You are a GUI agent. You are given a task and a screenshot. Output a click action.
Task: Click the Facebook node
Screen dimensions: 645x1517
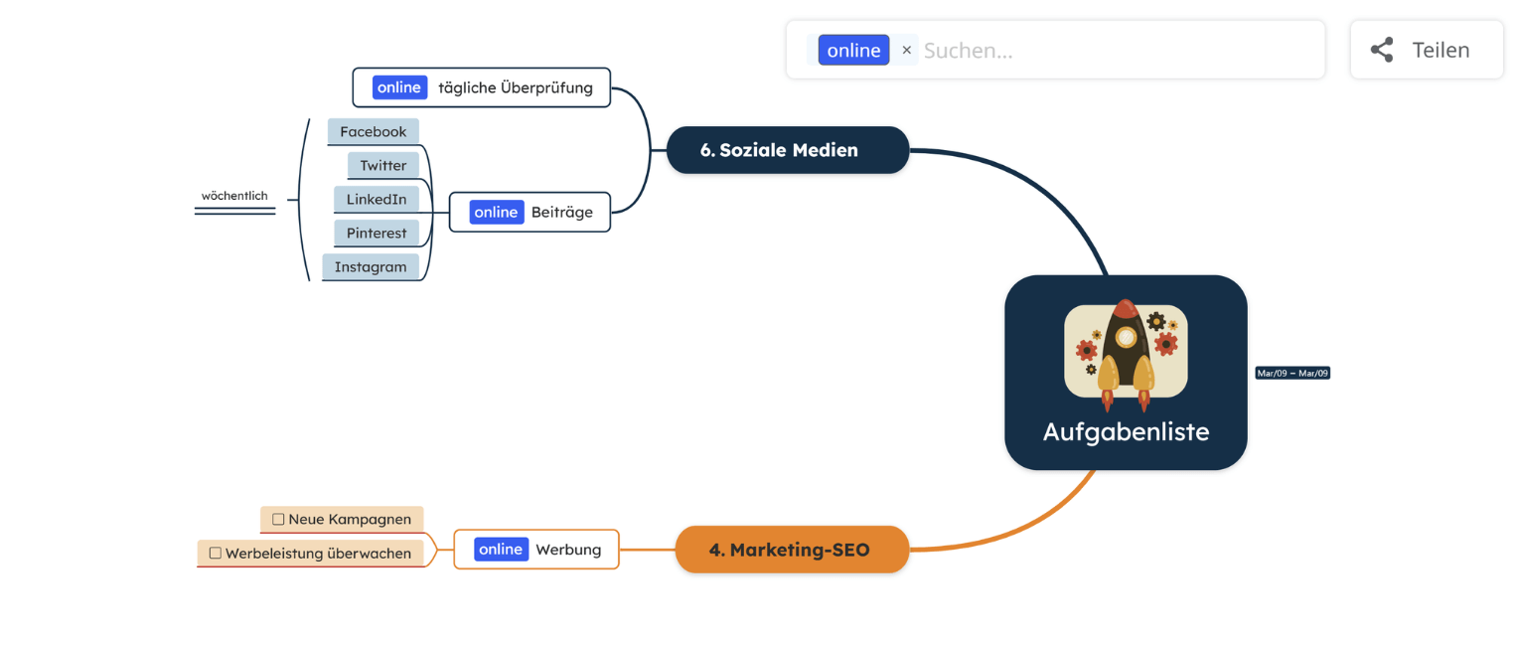point(374,131)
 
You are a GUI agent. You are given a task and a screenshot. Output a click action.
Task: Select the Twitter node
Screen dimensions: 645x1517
point(383,165)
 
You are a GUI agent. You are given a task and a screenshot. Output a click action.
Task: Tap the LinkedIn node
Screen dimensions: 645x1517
point(377,199)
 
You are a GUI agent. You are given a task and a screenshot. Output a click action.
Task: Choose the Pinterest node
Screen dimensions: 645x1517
point(377,233)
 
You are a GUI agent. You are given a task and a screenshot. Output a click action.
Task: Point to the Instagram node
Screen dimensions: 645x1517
point(371,266)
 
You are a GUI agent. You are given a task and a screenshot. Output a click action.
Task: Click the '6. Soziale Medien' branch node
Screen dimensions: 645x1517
point(788,150)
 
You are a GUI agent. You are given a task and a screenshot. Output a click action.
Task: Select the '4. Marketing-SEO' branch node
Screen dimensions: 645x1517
point(792,550)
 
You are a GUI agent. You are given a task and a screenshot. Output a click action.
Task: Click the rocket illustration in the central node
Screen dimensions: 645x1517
point(1126,353)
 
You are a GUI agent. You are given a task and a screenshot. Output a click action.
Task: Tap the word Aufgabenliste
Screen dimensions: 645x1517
point(1126,432)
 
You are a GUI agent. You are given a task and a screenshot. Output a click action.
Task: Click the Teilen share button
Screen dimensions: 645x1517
point(1426,50)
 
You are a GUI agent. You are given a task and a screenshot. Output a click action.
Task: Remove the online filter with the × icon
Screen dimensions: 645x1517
point(906,50)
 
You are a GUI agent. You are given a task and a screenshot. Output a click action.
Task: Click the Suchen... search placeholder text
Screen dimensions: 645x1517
point(969,50)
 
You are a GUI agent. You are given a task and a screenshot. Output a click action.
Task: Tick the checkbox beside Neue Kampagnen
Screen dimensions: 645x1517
point(278,519)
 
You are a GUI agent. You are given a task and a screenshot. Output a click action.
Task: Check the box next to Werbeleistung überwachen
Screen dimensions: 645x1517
point(216,554)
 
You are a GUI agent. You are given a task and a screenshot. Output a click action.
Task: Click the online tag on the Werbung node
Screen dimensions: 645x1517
point(501,550)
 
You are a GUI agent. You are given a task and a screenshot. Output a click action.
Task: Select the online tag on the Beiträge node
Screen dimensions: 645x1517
point(496,212)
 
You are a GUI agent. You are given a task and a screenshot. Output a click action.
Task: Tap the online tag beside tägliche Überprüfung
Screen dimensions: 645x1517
point(399,87)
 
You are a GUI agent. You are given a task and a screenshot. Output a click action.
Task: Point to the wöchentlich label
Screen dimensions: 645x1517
point(234,196)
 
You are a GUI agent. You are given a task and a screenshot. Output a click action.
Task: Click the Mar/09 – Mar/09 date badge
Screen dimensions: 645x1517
point(1292,374)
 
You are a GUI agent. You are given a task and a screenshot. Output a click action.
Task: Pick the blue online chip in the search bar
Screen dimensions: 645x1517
point(853,50)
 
